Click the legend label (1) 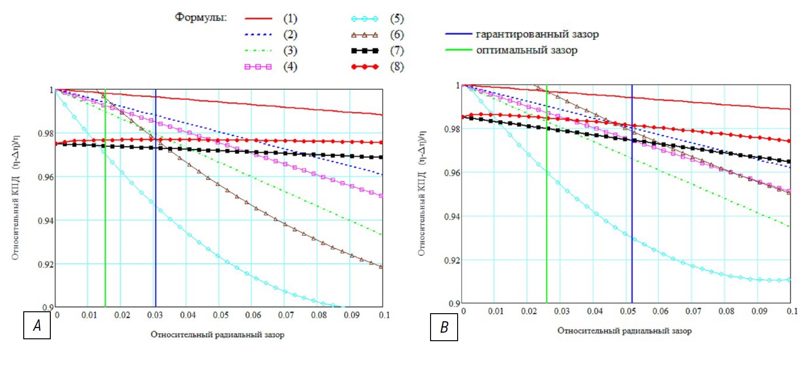290,19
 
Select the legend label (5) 397,19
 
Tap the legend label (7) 397,50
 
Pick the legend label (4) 290,66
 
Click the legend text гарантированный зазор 537,34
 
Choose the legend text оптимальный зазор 526,50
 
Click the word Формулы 201,18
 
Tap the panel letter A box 37,326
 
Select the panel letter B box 444,327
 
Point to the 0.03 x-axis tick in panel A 155,315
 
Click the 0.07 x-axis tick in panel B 693,311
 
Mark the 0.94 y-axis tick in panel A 46,221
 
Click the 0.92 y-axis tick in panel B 452,261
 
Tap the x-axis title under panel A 217,335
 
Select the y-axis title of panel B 422,193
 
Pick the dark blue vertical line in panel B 632,199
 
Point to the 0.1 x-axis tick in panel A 384,315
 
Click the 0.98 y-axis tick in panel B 452,129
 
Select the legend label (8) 397,66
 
